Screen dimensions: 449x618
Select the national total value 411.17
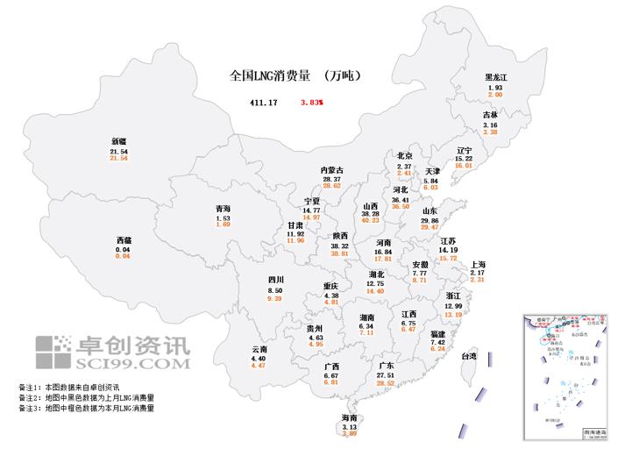click(x=263, y=103)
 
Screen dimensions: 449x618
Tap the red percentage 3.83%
click(x=311, y=103)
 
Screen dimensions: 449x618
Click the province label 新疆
click(x=118, y=141)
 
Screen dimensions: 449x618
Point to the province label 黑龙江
click(x=496, y=78)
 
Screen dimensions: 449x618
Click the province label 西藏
click(x=124, y=239)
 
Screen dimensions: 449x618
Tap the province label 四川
click(x=275, y=281)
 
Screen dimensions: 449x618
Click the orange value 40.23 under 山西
click(x=372, y=220)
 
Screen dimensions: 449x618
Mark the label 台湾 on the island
click(x=468, y=356)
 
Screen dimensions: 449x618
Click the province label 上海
click(x=479, y=264)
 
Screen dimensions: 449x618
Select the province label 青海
click(x=224, y=209)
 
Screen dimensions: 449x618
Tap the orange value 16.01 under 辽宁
click(x=464, y=165)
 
